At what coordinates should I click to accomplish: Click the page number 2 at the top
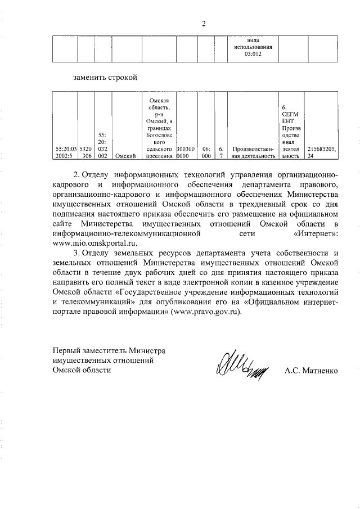point(204,24)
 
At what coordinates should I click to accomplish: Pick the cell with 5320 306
point(85,152)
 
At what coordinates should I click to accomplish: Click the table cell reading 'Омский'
point(127,156)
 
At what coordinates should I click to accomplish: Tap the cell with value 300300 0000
point(187,152)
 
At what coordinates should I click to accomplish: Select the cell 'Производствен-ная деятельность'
point(253,152)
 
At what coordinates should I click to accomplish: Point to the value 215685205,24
point(322,152)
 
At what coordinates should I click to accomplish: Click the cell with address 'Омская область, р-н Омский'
point(159,127)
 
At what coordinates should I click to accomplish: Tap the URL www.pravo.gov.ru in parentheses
point(209,312)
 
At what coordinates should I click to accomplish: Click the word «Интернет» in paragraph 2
point(315,233)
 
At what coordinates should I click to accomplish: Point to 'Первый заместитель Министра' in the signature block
point(109,350)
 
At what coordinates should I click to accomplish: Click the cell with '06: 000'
point(206,152)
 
